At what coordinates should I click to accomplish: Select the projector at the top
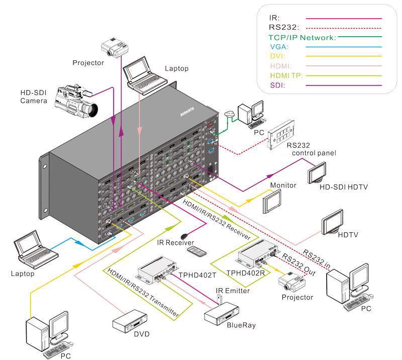click(x=115, y=47)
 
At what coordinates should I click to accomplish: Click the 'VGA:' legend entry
click(x=279, y=47)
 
